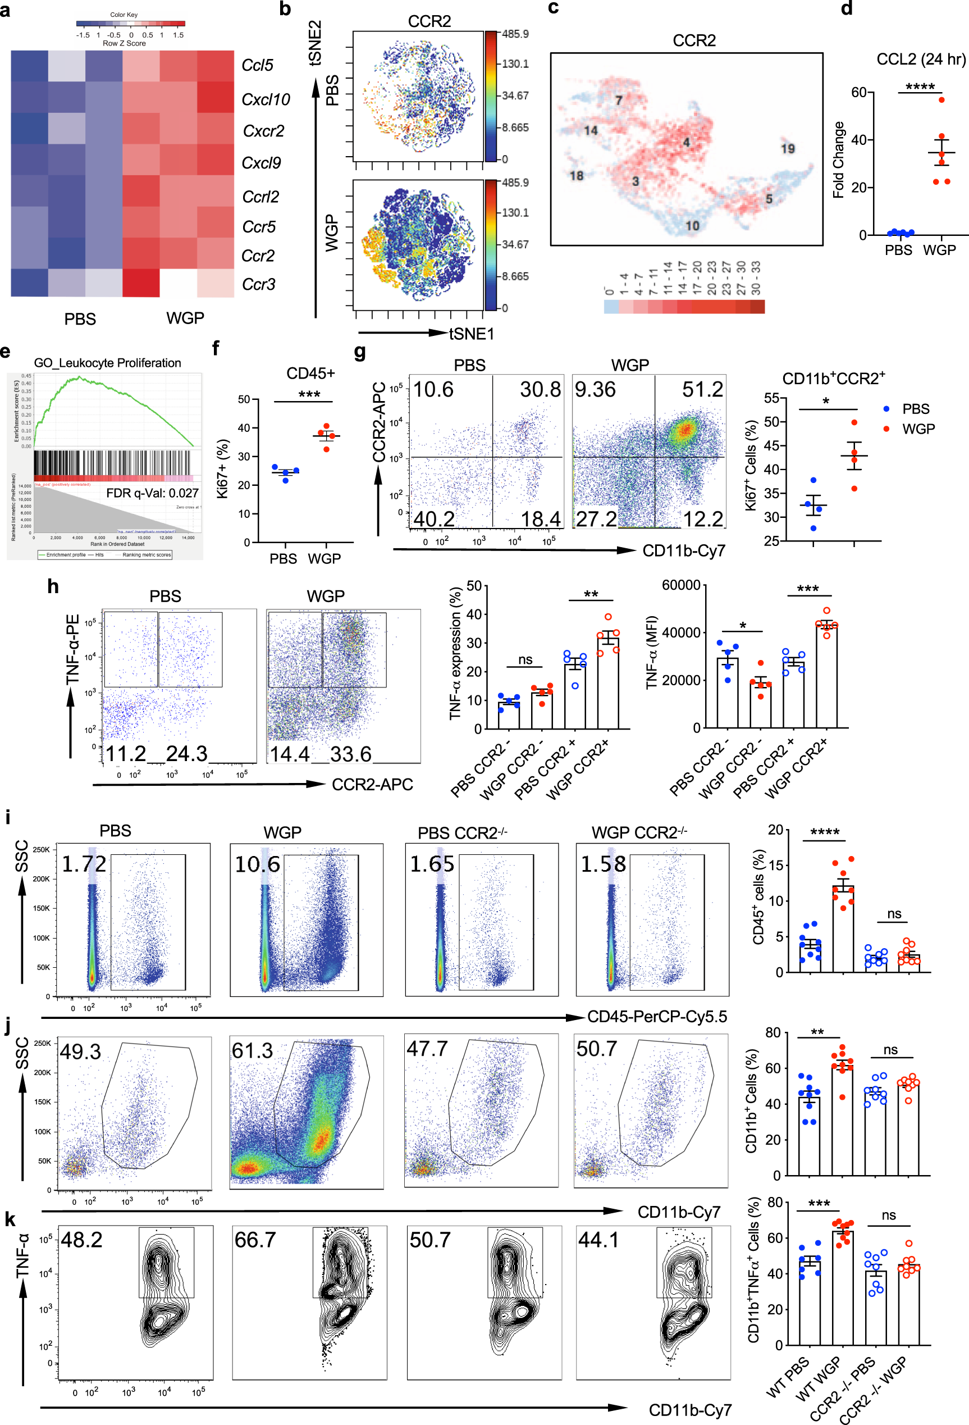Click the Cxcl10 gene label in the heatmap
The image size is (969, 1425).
pos(265,99)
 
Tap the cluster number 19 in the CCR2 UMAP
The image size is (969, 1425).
pos(787,148)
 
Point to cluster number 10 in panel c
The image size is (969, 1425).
pos(692,226)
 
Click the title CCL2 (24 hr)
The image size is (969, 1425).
pos(920,60)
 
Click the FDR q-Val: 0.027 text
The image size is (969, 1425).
pos(152,493)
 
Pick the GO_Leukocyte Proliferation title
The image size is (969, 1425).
pos(107,363)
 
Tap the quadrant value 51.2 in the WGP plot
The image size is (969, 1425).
pos(702,389)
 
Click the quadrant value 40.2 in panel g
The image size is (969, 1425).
pos(434,520)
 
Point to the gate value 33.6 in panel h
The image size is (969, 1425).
pos(350,754)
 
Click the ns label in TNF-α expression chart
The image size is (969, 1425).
pos(525,660)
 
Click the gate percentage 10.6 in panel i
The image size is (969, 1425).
pos(258,864)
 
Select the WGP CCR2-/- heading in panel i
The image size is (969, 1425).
pos(639,832)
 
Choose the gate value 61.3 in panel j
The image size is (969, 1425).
pos(252,1050)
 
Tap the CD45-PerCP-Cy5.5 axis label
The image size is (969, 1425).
pos(656,1017)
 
